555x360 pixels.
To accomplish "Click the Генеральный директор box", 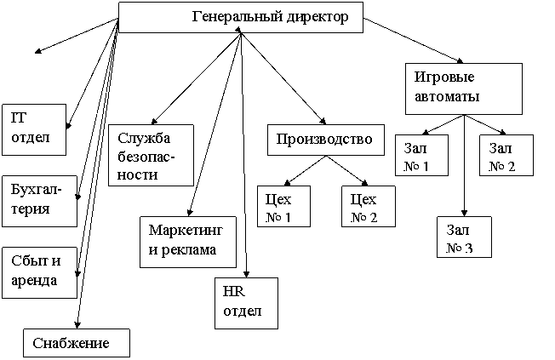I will (240, 17).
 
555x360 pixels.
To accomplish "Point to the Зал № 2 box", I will (507, 155).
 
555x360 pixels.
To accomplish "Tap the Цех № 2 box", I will (369, 207).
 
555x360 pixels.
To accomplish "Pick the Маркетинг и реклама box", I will (187, 241).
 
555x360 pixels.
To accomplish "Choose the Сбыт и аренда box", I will (38, 272).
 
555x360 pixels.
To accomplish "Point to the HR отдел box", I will (246, 302).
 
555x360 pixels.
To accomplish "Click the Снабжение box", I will (77, 342).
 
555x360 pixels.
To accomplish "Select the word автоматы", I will (447, 96).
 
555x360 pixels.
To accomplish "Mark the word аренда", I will (35, 281).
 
